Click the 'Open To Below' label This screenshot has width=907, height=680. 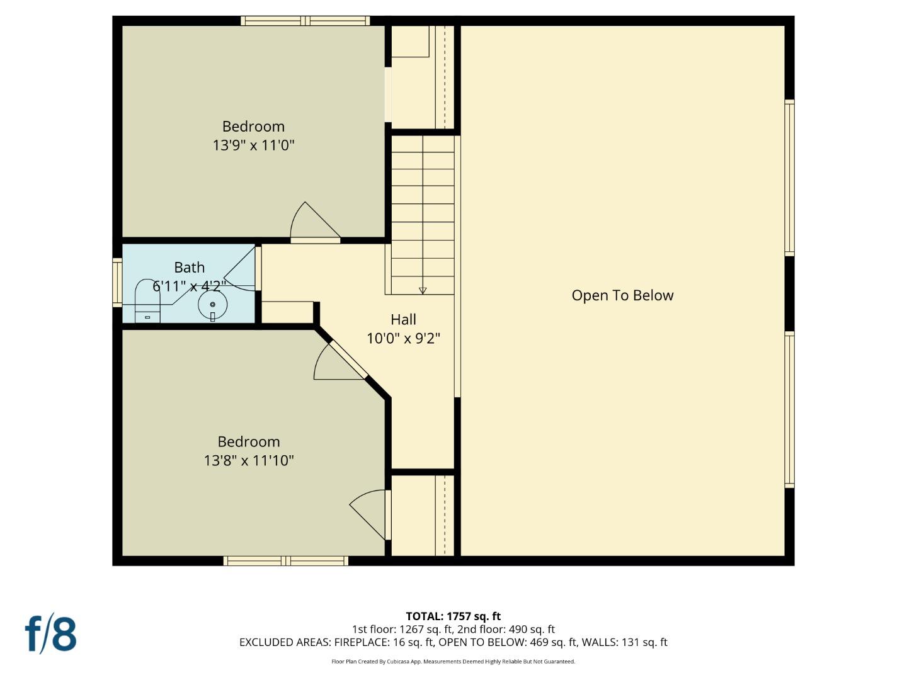click(622, 295)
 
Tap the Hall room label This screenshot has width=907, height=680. click(403, 319)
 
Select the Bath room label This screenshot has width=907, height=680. click(189, 268)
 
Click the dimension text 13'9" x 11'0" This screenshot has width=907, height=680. click(253, 145)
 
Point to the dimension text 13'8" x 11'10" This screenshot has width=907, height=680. click(249, 461)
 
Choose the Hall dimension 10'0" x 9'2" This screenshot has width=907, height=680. click(403, 339)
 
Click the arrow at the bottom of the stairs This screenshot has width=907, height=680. click(423, 290)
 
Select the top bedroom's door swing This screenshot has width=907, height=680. click(313, 224)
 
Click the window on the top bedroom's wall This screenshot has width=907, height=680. click(305, 21)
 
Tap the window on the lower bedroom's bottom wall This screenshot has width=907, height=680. click(285, 561)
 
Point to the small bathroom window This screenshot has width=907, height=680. click(117, 283)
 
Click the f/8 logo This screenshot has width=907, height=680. click(50, 634)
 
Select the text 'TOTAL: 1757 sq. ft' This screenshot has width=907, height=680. click(453, 616)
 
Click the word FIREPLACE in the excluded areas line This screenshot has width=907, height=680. click(365, 642)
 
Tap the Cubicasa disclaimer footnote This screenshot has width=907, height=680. click(453, 662)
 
